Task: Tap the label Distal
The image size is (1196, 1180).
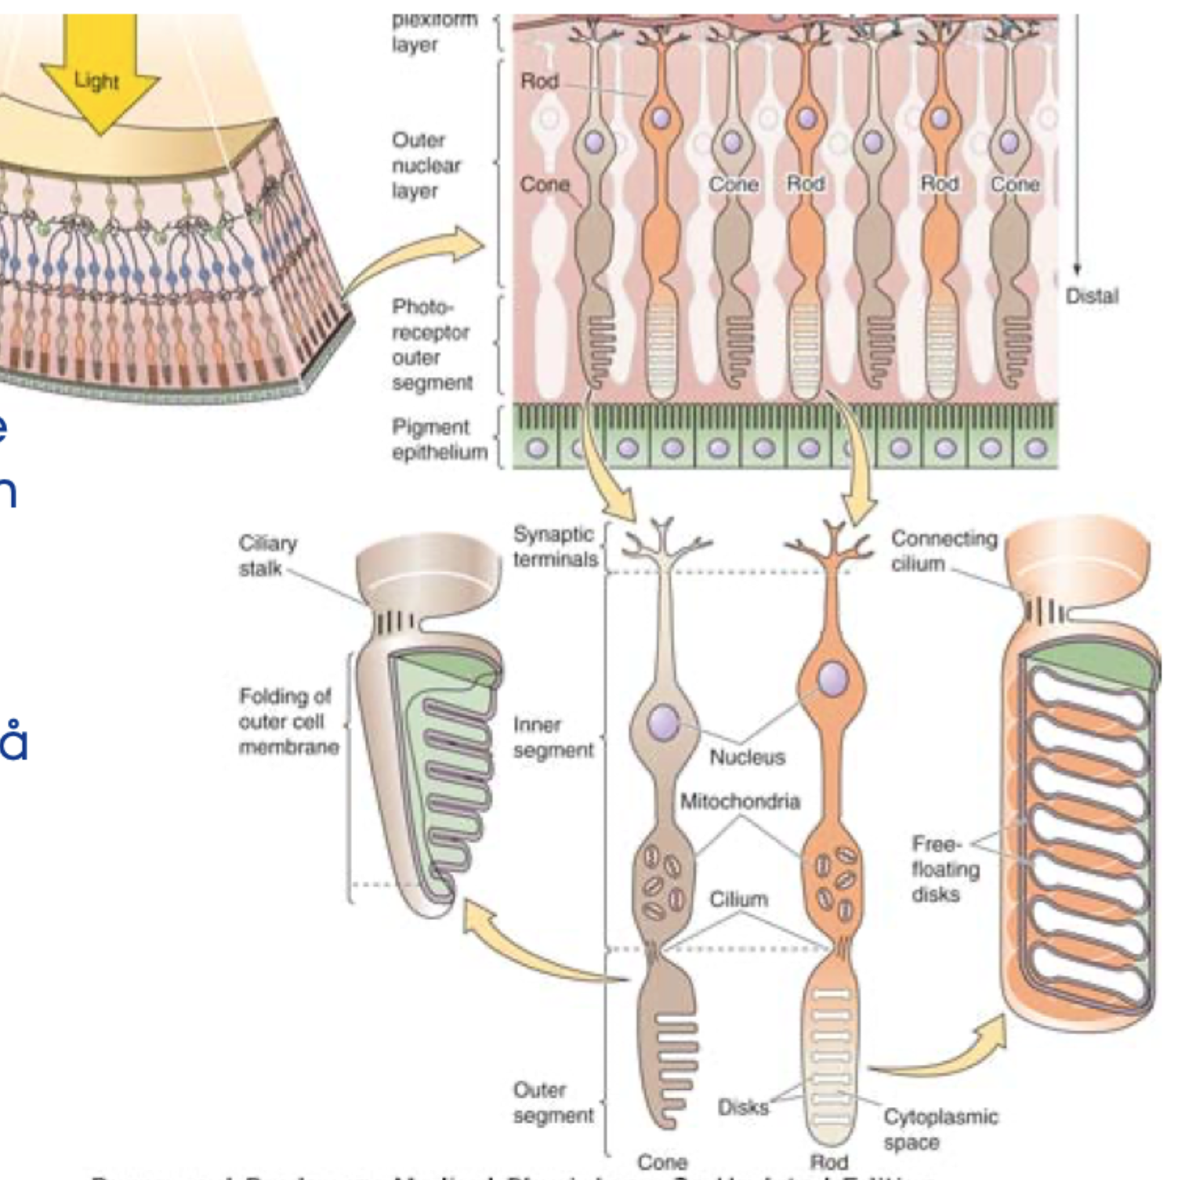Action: [x=1091, y=296]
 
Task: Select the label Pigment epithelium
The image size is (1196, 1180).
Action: [x=439, y=440]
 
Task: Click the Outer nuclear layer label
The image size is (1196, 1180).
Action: [x=426, y=165]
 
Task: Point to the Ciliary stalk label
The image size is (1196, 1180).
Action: [x=267, y=556]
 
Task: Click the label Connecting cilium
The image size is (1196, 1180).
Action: [x=944, y=551]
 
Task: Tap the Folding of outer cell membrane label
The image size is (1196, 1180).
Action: [x=288, y=721]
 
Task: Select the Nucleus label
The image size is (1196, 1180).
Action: [x=747, y=757]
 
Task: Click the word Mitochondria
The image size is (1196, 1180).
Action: [x=739, y=802]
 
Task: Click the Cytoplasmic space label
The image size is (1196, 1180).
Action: [x=940, y=1128]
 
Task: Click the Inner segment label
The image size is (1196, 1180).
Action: [x=553, y=737]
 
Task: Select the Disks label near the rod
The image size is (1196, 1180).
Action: [x=743, y=1107]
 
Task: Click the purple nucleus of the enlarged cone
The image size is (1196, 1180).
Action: [x=665, y=721]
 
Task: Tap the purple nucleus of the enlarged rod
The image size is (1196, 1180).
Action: [x=833, y=679]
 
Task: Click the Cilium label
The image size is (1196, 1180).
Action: [x=738, y=899]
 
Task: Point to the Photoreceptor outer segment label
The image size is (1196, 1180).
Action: [x=431, y=345]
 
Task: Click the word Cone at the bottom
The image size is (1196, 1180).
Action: [x=662, y=1161]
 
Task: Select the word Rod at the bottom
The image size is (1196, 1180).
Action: [x=828, y=1161]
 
